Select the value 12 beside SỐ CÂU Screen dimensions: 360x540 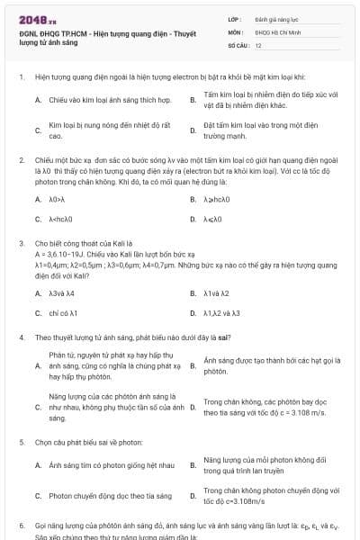coord(258,44)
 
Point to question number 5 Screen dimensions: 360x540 coord(21,443)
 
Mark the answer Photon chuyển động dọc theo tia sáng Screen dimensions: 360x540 coord(110,496)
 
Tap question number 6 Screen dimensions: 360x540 coord(21,524)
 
